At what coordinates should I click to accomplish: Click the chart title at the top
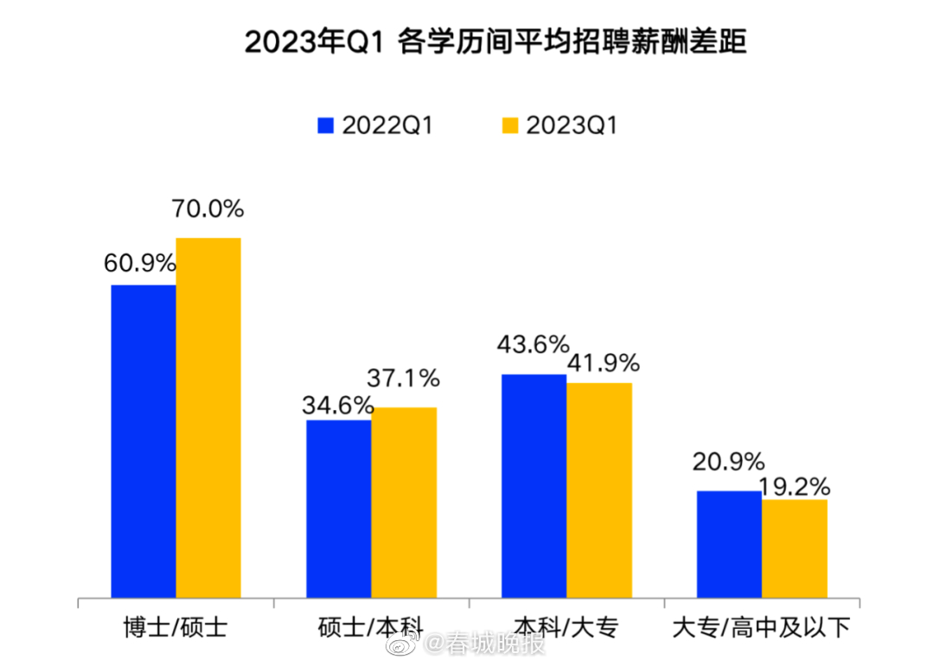(x=494, y=42)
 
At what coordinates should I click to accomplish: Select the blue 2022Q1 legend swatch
(x=325, y=125)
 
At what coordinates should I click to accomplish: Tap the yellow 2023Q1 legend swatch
(x=509, y=125)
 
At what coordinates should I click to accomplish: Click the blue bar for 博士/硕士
(x=144, y=440)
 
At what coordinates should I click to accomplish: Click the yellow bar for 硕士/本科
(x=404, y=502)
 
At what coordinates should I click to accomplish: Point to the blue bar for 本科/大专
(x=534, y=485)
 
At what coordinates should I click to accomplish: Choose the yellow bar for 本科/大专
(x=599, y=490)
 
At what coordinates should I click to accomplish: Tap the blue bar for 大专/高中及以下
(x=729, y=543)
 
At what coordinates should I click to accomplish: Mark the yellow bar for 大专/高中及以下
(x=795, y=548)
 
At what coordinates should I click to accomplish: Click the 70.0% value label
(x=208, y=208)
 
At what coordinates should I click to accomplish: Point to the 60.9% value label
(x=140, y=263)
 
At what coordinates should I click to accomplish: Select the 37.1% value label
(x=403, y=378)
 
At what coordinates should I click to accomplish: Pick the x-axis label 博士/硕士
(x=176, y=626)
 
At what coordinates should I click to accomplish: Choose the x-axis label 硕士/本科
(x=371, y=626)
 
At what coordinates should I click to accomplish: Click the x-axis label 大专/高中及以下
(x=762, y=626)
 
